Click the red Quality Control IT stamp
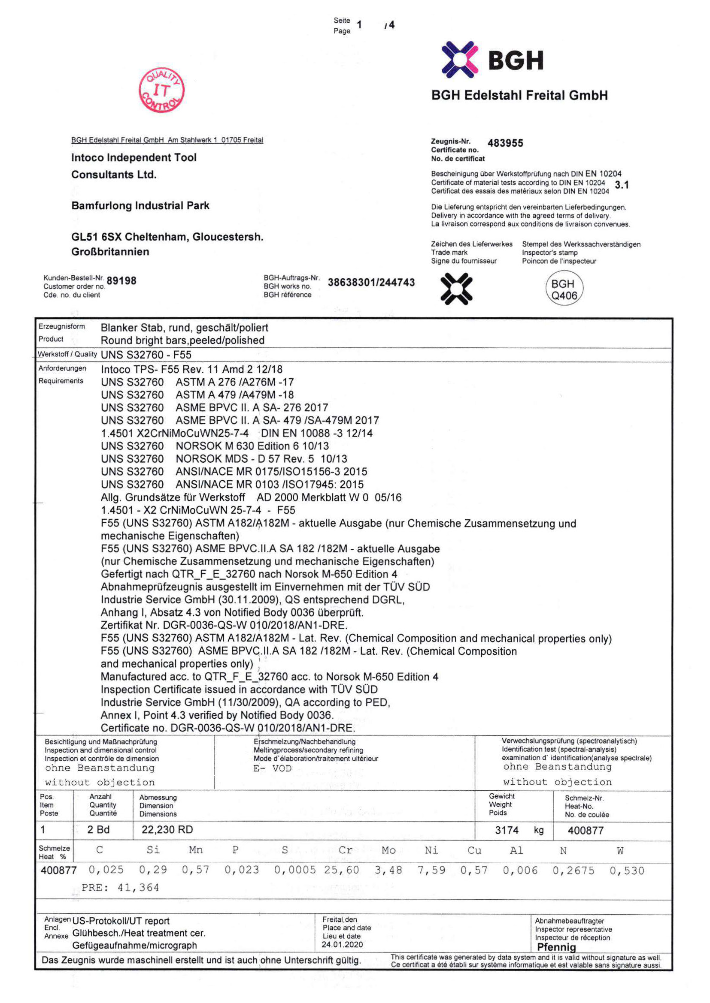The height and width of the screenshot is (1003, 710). [161, 90]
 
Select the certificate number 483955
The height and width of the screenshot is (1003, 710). [505, 143]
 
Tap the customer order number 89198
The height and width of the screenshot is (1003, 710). [121, 280]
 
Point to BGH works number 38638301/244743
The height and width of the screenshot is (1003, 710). [371, 282]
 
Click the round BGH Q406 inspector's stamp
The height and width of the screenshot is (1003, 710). [564, 289]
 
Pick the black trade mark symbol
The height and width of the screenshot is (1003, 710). [456, 289]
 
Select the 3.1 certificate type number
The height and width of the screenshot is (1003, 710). [621, 185]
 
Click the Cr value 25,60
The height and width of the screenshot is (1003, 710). [341, 870]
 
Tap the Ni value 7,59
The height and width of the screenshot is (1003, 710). [431, 870]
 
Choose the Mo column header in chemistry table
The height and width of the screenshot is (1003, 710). [388, 849]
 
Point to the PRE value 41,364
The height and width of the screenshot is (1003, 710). [138, 887]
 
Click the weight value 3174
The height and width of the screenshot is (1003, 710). [507, 830]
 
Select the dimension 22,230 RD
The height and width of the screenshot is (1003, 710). [167, 830]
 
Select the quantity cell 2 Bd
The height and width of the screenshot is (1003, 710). [98, 830]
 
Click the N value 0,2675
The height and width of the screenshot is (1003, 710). [573, 870]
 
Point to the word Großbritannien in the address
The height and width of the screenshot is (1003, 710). [110, 252]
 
